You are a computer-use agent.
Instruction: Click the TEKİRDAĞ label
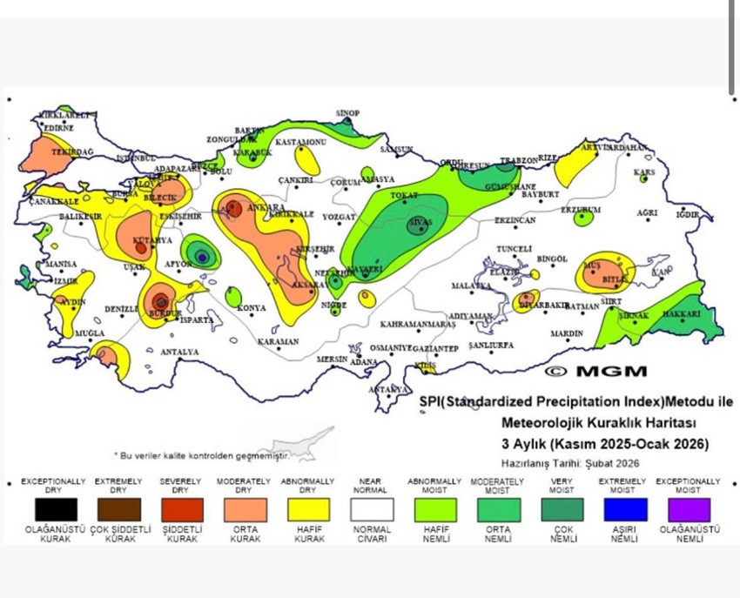71,151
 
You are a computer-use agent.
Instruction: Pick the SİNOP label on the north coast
347,113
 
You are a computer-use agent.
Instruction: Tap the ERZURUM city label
580,210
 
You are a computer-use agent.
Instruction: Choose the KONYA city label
252,308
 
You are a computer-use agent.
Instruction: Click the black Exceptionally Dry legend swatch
56,509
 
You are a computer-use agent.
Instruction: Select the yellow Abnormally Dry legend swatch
309,509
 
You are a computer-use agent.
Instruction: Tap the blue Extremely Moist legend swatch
625,509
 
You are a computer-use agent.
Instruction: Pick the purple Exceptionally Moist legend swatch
689,509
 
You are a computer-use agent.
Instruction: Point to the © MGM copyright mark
596,371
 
